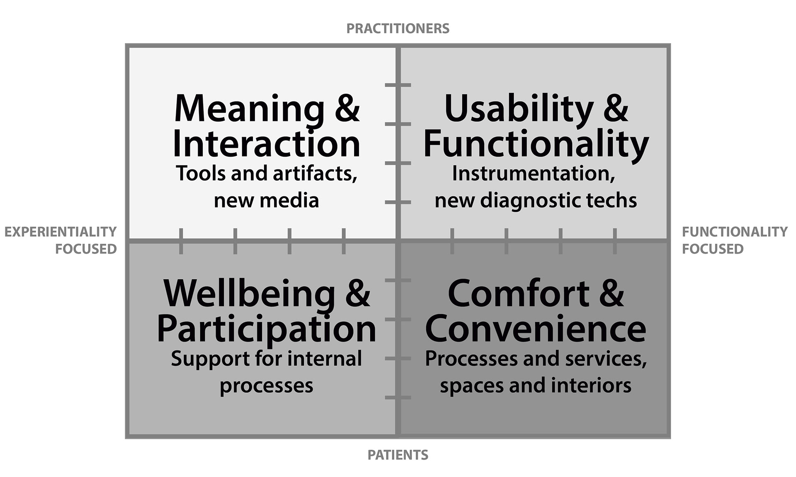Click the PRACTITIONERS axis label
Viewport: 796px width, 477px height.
coord(398,29)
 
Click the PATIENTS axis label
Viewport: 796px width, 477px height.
coord(398,455)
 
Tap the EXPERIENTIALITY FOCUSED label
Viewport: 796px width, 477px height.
coord(61,240)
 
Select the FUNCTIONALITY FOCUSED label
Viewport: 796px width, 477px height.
coord(734,240)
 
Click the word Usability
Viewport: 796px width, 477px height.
coord(519,109)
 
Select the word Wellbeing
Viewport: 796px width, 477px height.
coord(249,294)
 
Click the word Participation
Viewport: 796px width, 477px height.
coord(266,329)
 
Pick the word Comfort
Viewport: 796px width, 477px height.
coord(519,294)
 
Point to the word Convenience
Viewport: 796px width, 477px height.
coord(536,329)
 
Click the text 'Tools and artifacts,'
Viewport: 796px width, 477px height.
coord(266,174)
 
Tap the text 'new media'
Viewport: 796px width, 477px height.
coord(266,201)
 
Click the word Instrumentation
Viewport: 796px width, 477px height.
coord(533,174)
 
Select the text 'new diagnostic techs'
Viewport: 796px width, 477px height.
coord(536,201)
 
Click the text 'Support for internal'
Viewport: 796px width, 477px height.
coord(266,359)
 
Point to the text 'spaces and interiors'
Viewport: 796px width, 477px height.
coord(536,385)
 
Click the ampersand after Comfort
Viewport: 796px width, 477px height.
coord(611,294)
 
